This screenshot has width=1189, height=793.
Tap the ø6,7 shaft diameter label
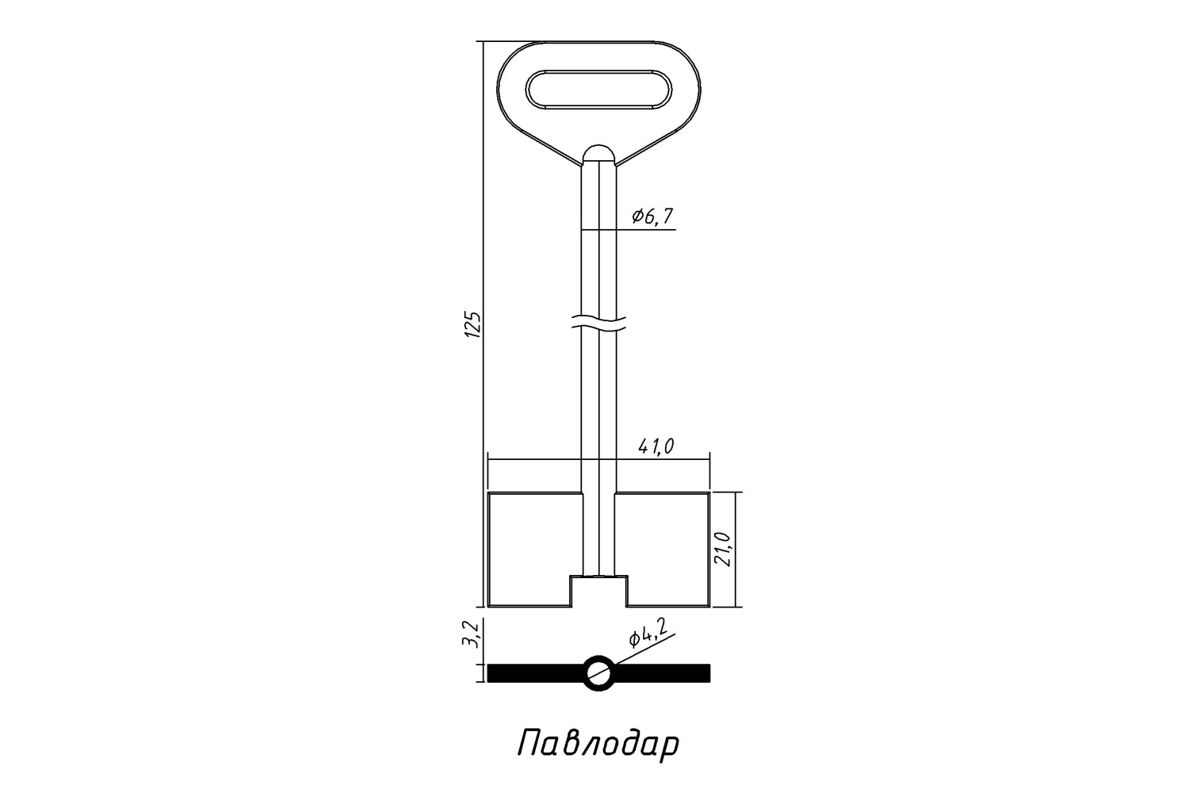pos(652,216)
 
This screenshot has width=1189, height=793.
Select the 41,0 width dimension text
pos(656,447)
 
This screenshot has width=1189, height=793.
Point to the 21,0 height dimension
pos(725,550)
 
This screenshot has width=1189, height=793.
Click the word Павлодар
pos(598,745)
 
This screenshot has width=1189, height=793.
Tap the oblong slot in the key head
pos(598,90)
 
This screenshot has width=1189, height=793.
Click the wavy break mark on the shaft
pos(598,324)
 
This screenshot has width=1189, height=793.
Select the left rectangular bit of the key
pos(535,550)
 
